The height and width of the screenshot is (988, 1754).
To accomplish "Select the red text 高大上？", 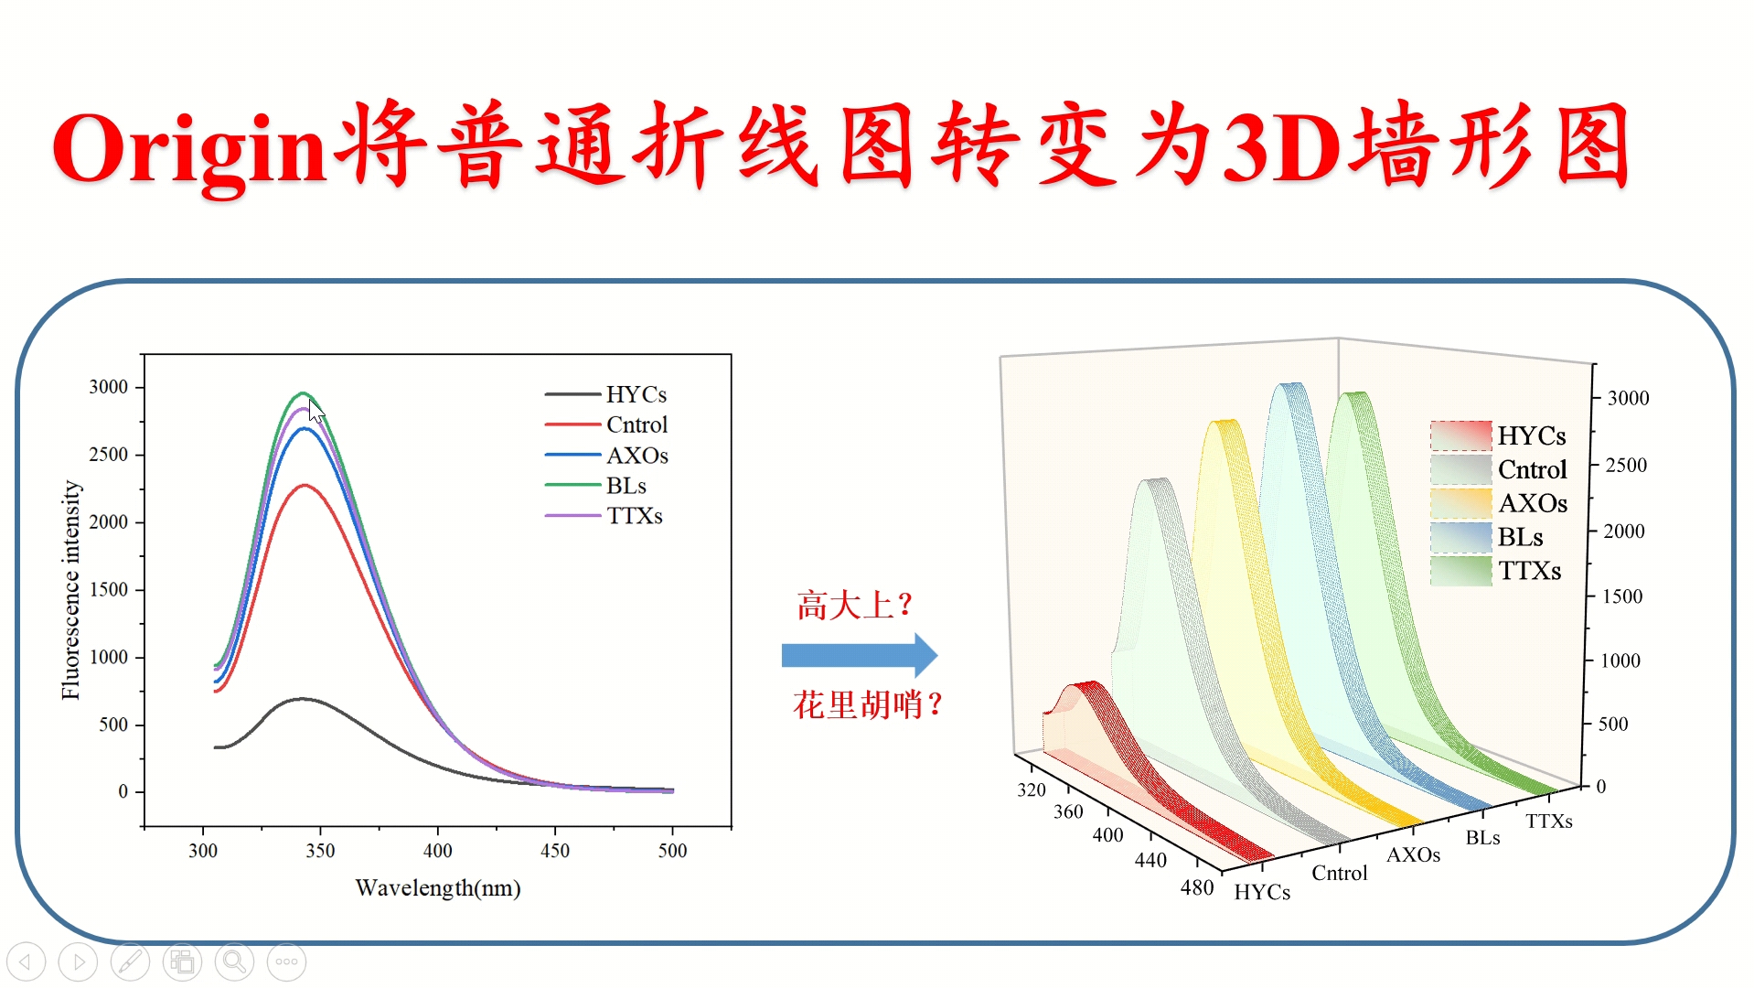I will (x=854, y=606).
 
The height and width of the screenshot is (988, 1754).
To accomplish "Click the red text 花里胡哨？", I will (x=867, y=705).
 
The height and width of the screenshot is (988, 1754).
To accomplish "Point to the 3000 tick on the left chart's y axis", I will (x=109, y=387).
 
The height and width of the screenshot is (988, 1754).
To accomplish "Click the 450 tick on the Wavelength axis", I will (x=555, y=850).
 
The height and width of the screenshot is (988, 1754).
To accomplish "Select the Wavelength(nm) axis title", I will (x=438, y=888).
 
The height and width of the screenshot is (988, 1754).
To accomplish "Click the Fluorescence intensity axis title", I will (x=71, y=590).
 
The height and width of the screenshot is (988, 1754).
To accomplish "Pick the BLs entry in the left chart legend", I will (x=626, y=486).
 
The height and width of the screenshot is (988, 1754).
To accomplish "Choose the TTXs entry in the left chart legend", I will (x=634, y=516).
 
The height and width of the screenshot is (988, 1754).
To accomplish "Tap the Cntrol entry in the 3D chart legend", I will (x=1532, y=469).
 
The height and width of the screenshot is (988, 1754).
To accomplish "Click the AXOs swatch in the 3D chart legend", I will (x=1461, y=503).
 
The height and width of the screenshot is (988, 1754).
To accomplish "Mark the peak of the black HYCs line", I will (x=303, y=699).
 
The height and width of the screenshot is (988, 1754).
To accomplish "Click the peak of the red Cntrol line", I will (x=305, y=486).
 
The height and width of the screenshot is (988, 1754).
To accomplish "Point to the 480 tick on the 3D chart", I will (x=1197, y=887).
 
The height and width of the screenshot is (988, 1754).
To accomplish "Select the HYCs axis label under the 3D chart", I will (x=1262, y=893).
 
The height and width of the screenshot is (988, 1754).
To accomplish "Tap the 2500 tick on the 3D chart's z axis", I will (x=1627, y=465).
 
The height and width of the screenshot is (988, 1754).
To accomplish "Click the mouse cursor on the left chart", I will (x=316, y=412).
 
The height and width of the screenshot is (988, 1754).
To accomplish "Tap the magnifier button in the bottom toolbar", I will (x=234, y=961).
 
